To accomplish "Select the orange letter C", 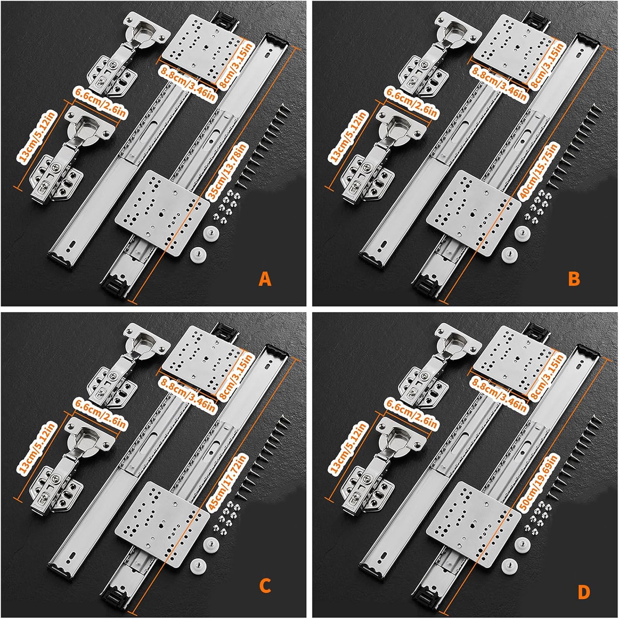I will [265, 586].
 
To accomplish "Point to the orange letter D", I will [584, 593].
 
